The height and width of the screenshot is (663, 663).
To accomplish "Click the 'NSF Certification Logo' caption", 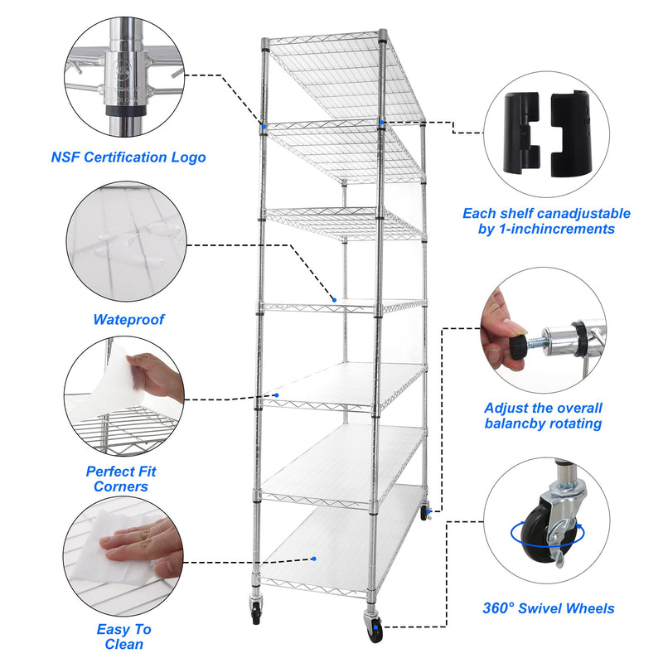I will point(128,157).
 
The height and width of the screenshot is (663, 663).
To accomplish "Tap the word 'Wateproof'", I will point(128,319).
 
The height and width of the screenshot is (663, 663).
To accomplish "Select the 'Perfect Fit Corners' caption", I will point(121,479).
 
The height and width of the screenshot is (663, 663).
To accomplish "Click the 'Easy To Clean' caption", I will point(124,636).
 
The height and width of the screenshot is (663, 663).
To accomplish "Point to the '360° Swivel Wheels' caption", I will point(549,608).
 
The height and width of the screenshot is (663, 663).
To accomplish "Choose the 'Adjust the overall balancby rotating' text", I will point(543,416).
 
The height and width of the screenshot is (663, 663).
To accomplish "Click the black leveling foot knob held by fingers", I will point(516,341).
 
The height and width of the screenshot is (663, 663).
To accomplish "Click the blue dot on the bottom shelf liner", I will point(314,558).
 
